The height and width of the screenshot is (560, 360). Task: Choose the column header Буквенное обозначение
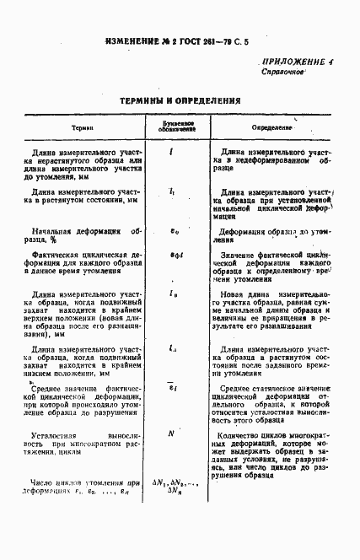[x=172, y=126]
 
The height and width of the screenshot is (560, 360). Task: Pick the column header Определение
[x=271, y=127]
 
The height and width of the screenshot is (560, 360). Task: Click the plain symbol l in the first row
[x=171, y=153]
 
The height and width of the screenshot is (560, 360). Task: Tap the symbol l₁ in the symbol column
[x=172, y=192]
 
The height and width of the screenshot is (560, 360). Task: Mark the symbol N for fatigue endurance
[x=171, y=433]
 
